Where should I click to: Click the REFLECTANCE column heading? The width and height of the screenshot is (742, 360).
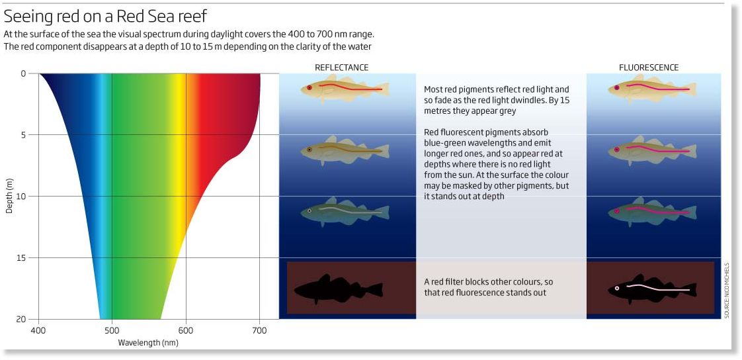point(341,67)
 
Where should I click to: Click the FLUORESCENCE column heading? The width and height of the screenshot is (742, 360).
point(649,67)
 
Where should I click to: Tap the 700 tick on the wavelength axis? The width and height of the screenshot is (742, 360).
point(259,330)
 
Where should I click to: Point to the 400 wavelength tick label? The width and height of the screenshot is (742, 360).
point(38,330)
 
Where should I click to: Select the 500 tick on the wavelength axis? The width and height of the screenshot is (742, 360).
point(112,330)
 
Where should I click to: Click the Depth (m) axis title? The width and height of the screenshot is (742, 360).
point(9,196)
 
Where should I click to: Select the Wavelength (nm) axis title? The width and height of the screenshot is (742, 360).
point(149,343)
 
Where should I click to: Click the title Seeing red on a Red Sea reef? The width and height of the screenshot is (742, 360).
point(106,17)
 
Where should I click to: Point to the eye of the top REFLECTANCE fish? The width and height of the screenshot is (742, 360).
point(309,87)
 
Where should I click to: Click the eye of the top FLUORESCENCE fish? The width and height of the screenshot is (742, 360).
point(616,87)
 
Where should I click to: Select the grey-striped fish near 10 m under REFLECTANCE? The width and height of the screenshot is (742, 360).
point(345,212)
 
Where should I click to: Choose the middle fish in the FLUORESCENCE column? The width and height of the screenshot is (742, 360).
point(652,151)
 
